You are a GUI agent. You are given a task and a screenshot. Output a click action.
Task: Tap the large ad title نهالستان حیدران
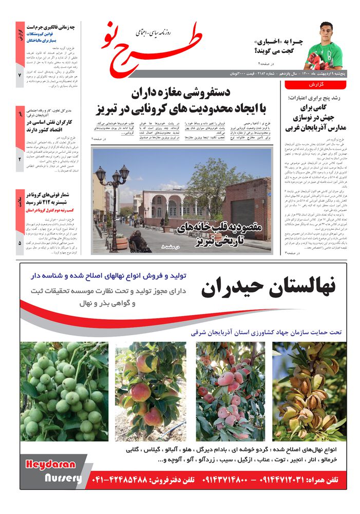click(x=268, y=288)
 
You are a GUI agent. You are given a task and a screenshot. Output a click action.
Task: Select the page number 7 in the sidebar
click(x=20, y=76)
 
